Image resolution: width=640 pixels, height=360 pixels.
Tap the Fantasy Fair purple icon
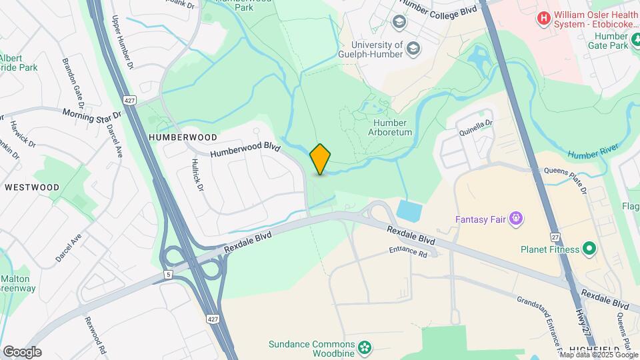coord(515,218)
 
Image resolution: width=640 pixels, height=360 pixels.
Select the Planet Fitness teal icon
coord(589,249)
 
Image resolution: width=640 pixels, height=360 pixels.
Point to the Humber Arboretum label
coord(392,127)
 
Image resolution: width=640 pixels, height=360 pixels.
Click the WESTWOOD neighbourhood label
coord(32,187)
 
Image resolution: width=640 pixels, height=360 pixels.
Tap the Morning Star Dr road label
coord(92,115)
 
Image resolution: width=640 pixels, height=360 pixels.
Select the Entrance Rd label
coord(408,253)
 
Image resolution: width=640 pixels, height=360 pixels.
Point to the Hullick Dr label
coord(197,175)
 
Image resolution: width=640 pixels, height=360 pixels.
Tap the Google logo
coord(22,351)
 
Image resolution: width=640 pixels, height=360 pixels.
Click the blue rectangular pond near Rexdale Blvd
coord(409,211)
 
